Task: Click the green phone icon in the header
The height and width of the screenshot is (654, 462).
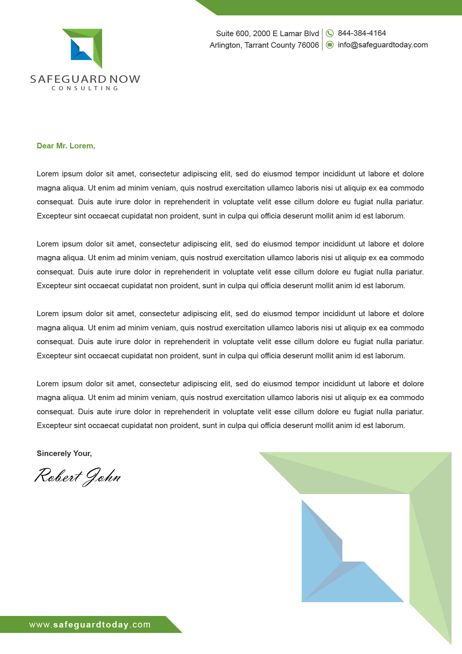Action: (330, 33)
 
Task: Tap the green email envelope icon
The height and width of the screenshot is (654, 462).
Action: (330, 45)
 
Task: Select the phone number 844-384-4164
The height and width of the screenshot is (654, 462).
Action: (362, 33)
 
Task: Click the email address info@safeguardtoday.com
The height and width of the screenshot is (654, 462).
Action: (383, 45)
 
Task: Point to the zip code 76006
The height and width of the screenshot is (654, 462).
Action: (308, 45)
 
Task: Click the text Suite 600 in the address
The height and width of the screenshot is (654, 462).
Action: (232, 34)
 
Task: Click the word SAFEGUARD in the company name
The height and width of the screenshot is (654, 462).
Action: (68, 79)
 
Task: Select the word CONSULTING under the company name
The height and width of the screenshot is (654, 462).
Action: (85, 88)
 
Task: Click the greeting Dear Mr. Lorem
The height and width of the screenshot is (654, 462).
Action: (66, 146)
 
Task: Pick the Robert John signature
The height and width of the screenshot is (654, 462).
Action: (77, 477)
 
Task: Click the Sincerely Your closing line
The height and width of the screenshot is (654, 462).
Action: (64, 453)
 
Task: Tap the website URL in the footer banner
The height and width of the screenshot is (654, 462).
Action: (90, 625)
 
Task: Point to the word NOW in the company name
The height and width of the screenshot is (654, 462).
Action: (125, 79)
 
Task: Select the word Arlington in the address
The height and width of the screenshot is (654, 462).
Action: (225, 45)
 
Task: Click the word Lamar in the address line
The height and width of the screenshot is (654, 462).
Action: (291, 34)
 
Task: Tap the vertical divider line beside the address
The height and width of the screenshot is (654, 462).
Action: (322, 39)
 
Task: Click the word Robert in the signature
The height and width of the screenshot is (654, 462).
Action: (58, 476)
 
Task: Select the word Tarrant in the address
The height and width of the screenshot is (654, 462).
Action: (256, 45)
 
